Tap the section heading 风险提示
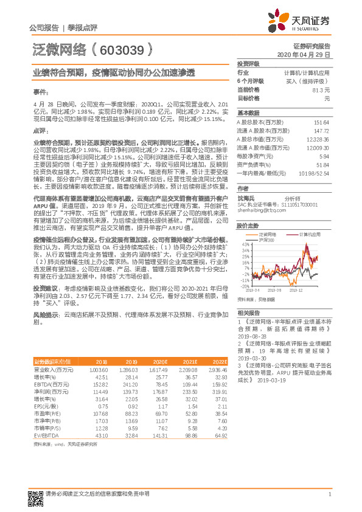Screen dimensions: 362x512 click(x=46, y=331)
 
